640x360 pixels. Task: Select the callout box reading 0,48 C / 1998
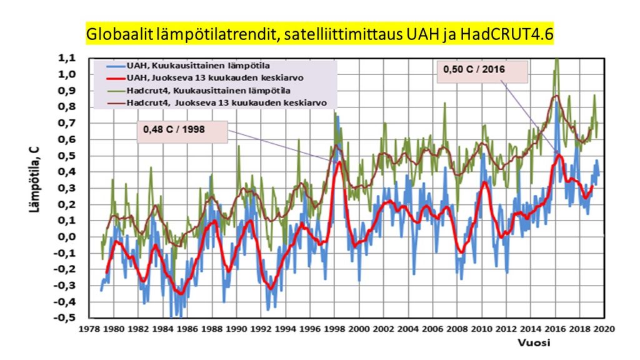[x=182, y=131]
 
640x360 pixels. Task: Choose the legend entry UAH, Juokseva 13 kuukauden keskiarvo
[x=205, y=78]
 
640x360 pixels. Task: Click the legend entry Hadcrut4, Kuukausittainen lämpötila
[x=198, y=91]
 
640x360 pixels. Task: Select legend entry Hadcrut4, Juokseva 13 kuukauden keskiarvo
[x=217, y=103]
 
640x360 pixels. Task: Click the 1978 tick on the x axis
[x=89, y=329]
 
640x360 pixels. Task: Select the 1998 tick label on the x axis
[x=335, y=329]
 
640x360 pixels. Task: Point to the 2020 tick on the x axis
[x=604, y=329]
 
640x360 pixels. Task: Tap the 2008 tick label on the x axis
[x=457, y=329]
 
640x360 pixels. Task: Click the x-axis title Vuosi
[x=534, y=343]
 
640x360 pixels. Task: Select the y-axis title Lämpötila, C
[x=35, y=180]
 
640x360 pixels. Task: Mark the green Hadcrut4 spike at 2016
[x=556, y=61]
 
